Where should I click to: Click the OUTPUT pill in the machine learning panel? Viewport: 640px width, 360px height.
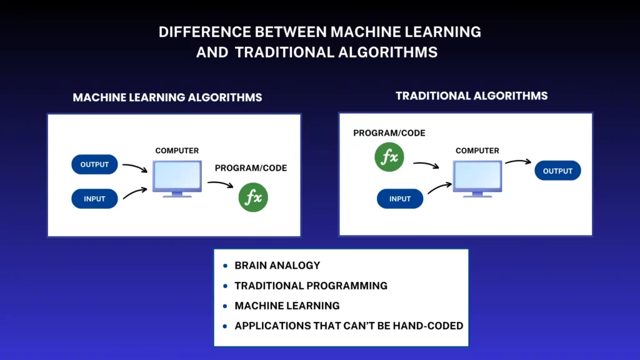coord(95,164)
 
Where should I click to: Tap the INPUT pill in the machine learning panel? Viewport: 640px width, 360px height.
coord(95,199)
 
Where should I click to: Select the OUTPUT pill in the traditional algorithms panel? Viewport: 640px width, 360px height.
coord(557,171)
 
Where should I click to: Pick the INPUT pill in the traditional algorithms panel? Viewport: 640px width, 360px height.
coord(400,199)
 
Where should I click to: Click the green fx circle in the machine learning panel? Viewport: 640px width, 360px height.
coord(254,197)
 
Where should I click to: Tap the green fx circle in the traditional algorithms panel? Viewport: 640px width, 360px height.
coord(389,157)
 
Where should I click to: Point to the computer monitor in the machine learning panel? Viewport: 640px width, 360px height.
coord(177,179)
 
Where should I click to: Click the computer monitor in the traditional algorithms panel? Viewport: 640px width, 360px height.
coord(477,179)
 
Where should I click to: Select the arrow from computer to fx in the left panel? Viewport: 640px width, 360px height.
coord(221,183)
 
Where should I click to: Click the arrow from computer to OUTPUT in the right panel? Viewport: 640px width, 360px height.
coord(518,161)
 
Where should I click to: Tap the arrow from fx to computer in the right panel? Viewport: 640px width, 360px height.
coord(426,164)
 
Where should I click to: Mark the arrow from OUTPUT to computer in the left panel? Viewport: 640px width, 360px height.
coord(136,166)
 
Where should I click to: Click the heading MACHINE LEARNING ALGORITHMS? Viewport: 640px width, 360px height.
coord(167,97)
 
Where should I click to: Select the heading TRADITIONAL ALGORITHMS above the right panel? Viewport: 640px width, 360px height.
coord(471,96)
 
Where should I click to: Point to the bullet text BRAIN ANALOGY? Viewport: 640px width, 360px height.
coord(277,266)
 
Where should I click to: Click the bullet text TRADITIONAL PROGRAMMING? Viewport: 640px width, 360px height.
coord(311,286)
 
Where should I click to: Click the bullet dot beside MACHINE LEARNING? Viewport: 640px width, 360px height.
coord(225,306)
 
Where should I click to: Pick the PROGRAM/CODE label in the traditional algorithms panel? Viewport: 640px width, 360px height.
coord(389,133)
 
